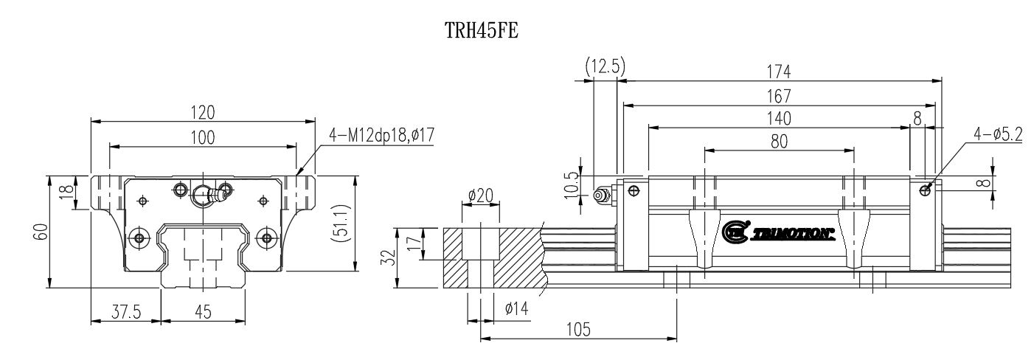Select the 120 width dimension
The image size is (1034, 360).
click(203, 112)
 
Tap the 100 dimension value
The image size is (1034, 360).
click(203, 137)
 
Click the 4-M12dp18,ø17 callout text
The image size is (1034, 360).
click(380, 136)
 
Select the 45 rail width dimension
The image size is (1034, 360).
click(204, 311)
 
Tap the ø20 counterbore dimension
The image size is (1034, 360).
click(481, 197)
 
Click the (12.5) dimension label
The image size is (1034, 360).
click(605, 66)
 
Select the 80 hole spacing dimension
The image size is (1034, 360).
click(779, 142)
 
